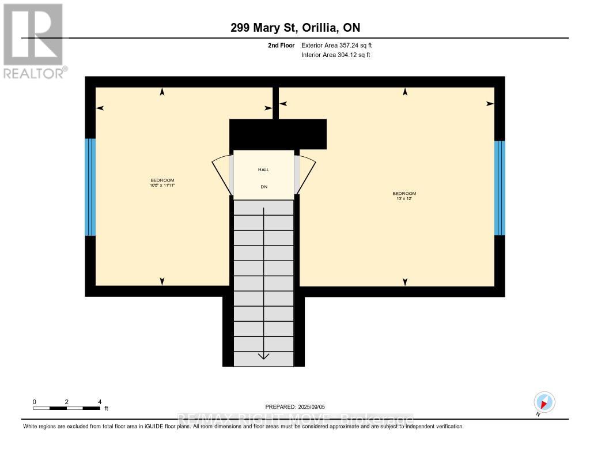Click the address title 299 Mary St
[x=294, y=28]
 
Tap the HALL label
[x=263, y=169]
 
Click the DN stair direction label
[x=263, y=187]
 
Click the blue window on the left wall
[x=90, y=187]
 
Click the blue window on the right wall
[x=500, y=188]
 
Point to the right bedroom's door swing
[x=305, y=174]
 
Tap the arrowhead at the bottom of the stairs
[x=263, y=356]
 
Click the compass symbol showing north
[x=544, y=402]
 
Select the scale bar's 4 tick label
[x=100, y=402]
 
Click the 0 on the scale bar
[x=35, y=402]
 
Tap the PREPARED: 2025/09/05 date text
[x=295, y=407]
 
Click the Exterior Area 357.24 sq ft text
[x=341, y=45]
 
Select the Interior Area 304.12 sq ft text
[x=335, y=55]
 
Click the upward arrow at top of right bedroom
[x=405, y=92]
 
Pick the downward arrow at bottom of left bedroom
[x=162, y=281]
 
